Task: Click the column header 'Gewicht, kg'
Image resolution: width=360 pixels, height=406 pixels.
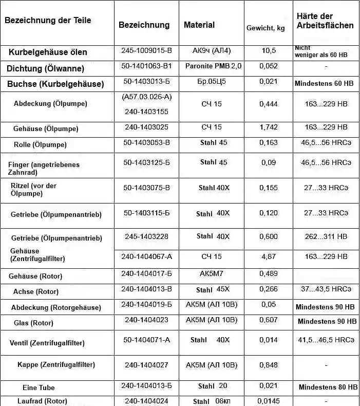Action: (x=266, y=28)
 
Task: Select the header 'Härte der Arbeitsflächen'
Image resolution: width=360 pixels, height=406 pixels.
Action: (x=325, y=21)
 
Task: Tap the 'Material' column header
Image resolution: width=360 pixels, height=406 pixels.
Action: (x=199, y=25)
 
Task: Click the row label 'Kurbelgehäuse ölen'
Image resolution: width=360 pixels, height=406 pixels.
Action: (x=48, y=52)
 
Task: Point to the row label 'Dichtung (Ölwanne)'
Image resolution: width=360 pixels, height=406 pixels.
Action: (x=45, y=68)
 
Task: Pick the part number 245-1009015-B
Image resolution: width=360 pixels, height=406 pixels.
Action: (x=146, y=51)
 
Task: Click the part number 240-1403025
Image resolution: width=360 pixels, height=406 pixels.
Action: (x=146, y=127)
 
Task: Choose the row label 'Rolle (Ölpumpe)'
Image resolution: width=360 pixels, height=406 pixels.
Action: (x=40, y=145)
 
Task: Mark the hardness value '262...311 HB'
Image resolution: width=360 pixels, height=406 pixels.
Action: (x=326, y=236)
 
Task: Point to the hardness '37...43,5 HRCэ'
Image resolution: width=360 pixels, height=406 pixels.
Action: (x=326, y=289)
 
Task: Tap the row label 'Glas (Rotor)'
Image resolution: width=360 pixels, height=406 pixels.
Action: (x=34, y=323)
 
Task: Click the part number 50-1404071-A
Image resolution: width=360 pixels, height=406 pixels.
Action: (x=146, y=340)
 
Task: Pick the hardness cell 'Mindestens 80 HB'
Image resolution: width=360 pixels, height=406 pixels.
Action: (x=328, y=387)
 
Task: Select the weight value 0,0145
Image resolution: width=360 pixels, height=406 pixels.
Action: (x=269, y=401)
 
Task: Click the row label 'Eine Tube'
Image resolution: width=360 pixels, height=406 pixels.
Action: (x=39, y=387)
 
